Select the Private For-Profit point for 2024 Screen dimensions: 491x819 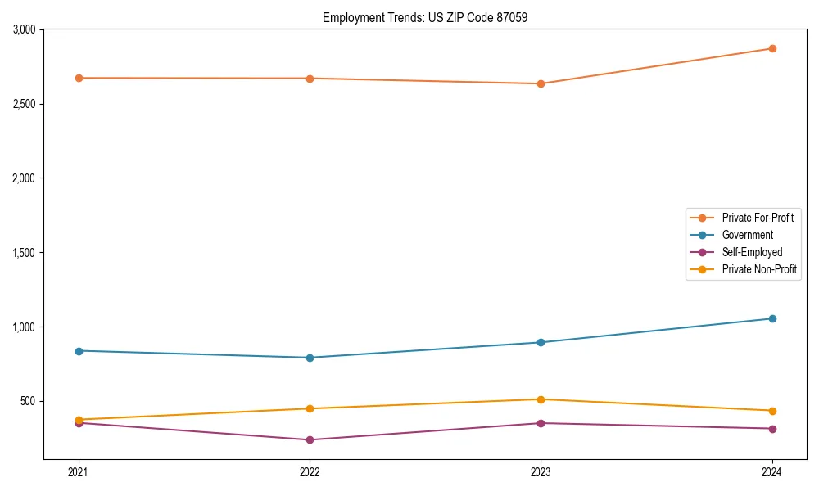pos(771,48)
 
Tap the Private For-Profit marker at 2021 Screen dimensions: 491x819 pos(79,78)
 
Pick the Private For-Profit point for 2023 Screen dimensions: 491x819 pos(541,83)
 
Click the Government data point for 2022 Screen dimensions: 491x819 pos(310,358)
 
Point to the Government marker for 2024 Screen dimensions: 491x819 pos(771,318)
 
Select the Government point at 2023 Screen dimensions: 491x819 pos(541,342)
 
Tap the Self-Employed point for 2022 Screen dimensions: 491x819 pos(310,439)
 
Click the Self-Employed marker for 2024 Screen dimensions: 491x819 pos(771,429)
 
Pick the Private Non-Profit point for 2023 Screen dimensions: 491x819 pos(541,399)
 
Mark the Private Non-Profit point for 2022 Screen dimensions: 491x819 pos(310,408)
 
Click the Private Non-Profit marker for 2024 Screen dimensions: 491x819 pos(771,411)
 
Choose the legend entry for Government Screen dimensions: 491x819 pos(747,235)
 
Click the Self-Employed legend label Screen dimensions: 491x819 pos(752,252)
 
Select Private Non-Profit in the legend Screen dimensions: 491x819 pos(759,269)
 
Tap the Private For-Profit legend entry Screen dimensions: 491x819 pos(758,218)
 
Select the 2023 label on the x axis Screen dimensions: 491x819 pos(541,472)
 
